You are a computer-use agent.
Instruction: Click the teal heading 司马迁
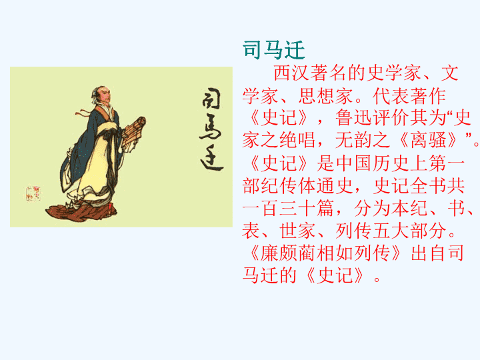274,50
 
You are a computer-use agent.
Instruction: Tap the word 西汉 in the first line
292,73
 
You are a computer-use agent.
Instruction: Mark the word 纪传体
289,185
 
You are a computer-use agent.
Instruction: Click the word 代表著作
409,96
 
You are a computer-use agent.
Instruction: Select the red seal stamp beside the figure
33,193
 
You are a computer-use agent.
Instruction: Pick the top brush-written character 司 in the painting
211,99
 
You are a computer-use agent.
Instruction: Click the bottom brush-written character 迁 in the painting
212,159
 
